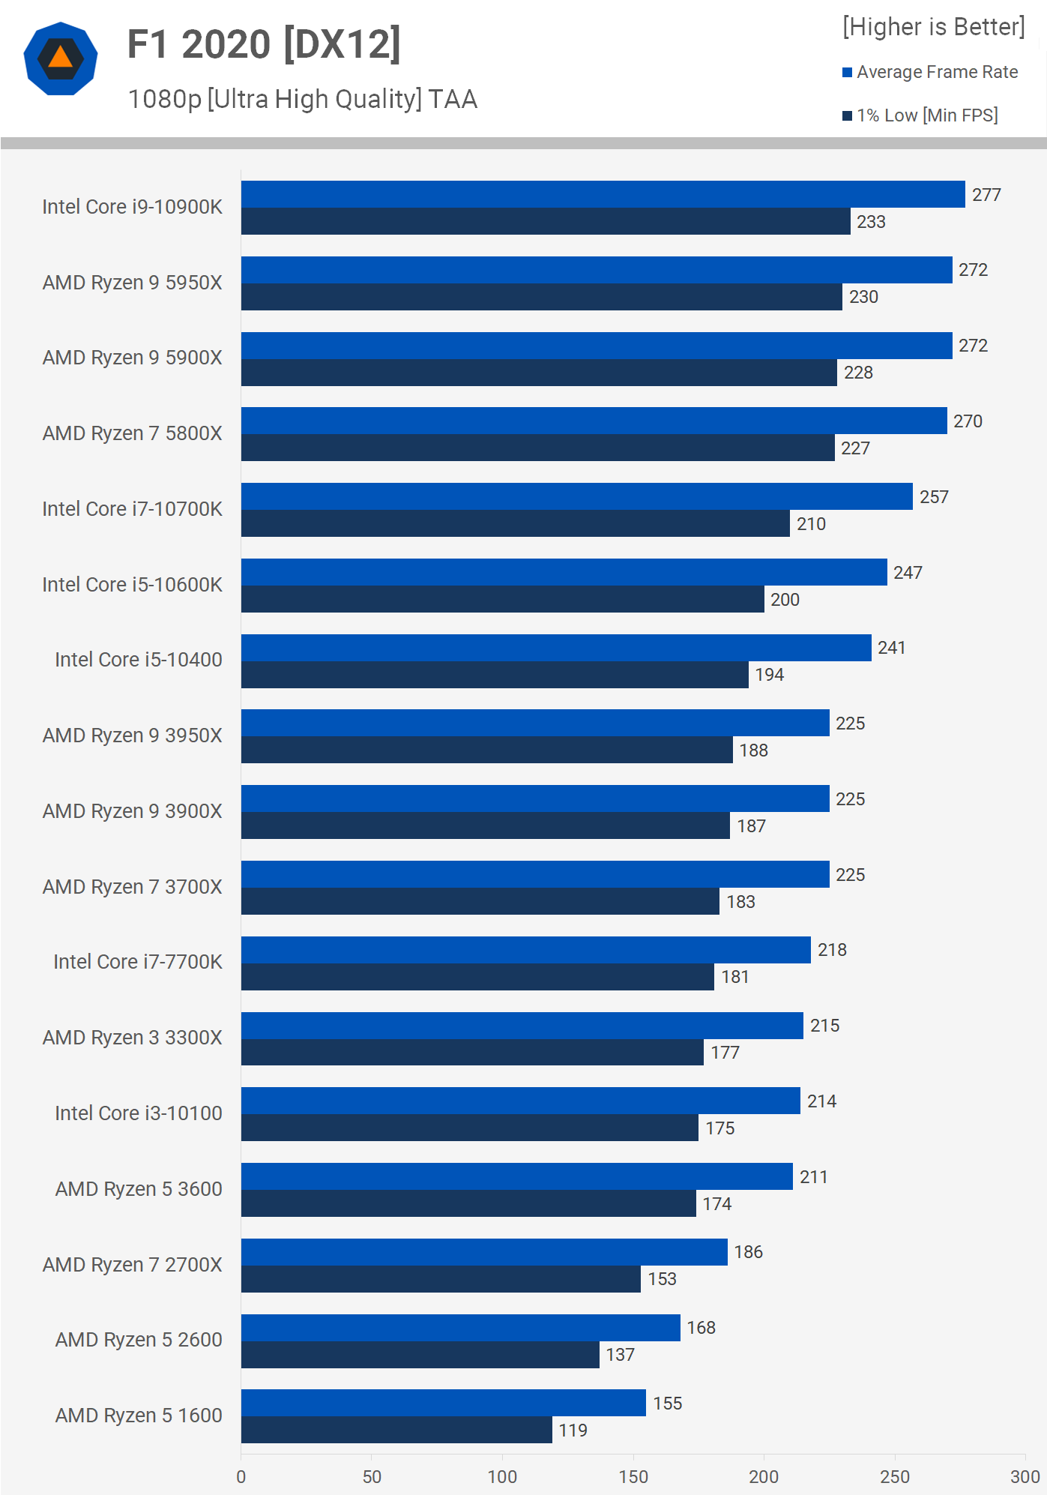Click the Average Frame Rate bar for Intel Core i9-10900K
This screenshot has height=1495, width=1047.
[x=603, y=194]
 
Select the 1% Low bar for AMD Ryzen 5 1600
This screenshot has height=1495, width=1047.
[x=396, y=1430]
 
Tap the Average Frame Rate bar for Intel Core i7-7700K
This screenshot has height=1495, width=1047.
[x=525, y=950]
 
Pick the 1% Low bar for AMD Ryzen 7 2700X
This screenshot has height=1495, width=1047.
[x=441, y=1279]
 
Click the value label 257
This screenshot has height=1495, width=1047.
[x=934, y=497]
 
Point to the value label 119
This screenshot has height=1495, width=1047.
[x=573, y=1431]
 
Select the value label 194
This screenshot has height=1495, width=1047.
[x=769, y=675]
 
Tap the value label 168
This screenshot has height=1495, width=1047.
[x=701, y=1328]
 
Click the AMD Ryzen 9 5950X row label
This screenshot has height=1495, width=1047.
[x=133, y=283]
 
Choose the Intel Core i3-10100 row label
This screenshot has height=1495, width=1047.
[x=139, y=1113]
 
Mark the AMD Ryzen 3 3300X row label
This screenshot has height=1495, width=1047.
[x=133, y=1038]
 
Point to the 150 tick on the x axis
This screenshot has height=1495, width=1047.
[x=633, y=1477]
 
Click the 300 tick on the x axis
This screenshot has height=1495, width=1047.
[x=1025, y=1477]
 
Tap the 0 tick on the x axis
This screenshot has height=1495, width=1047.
[x=241, y=1477]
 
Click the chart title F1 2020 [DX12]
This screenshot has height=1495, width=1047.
[x=264, y=44]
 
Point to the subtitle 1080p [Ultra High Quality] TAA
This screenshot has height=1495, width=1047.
[x=303, y=99]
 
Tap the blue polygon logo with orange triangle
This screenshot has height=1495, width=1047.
[x=61, y=58]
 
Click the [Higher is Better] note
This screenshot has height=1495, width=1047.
[x=933, y=27]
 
